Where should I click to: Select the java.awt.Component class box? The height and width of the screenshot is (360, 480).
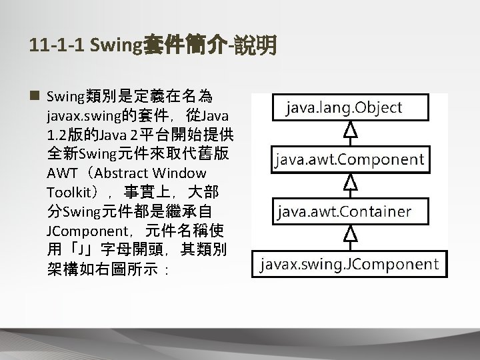[349, 160]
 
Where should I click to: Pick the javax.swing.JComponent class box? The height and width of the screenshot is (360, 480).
[349, 263]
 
